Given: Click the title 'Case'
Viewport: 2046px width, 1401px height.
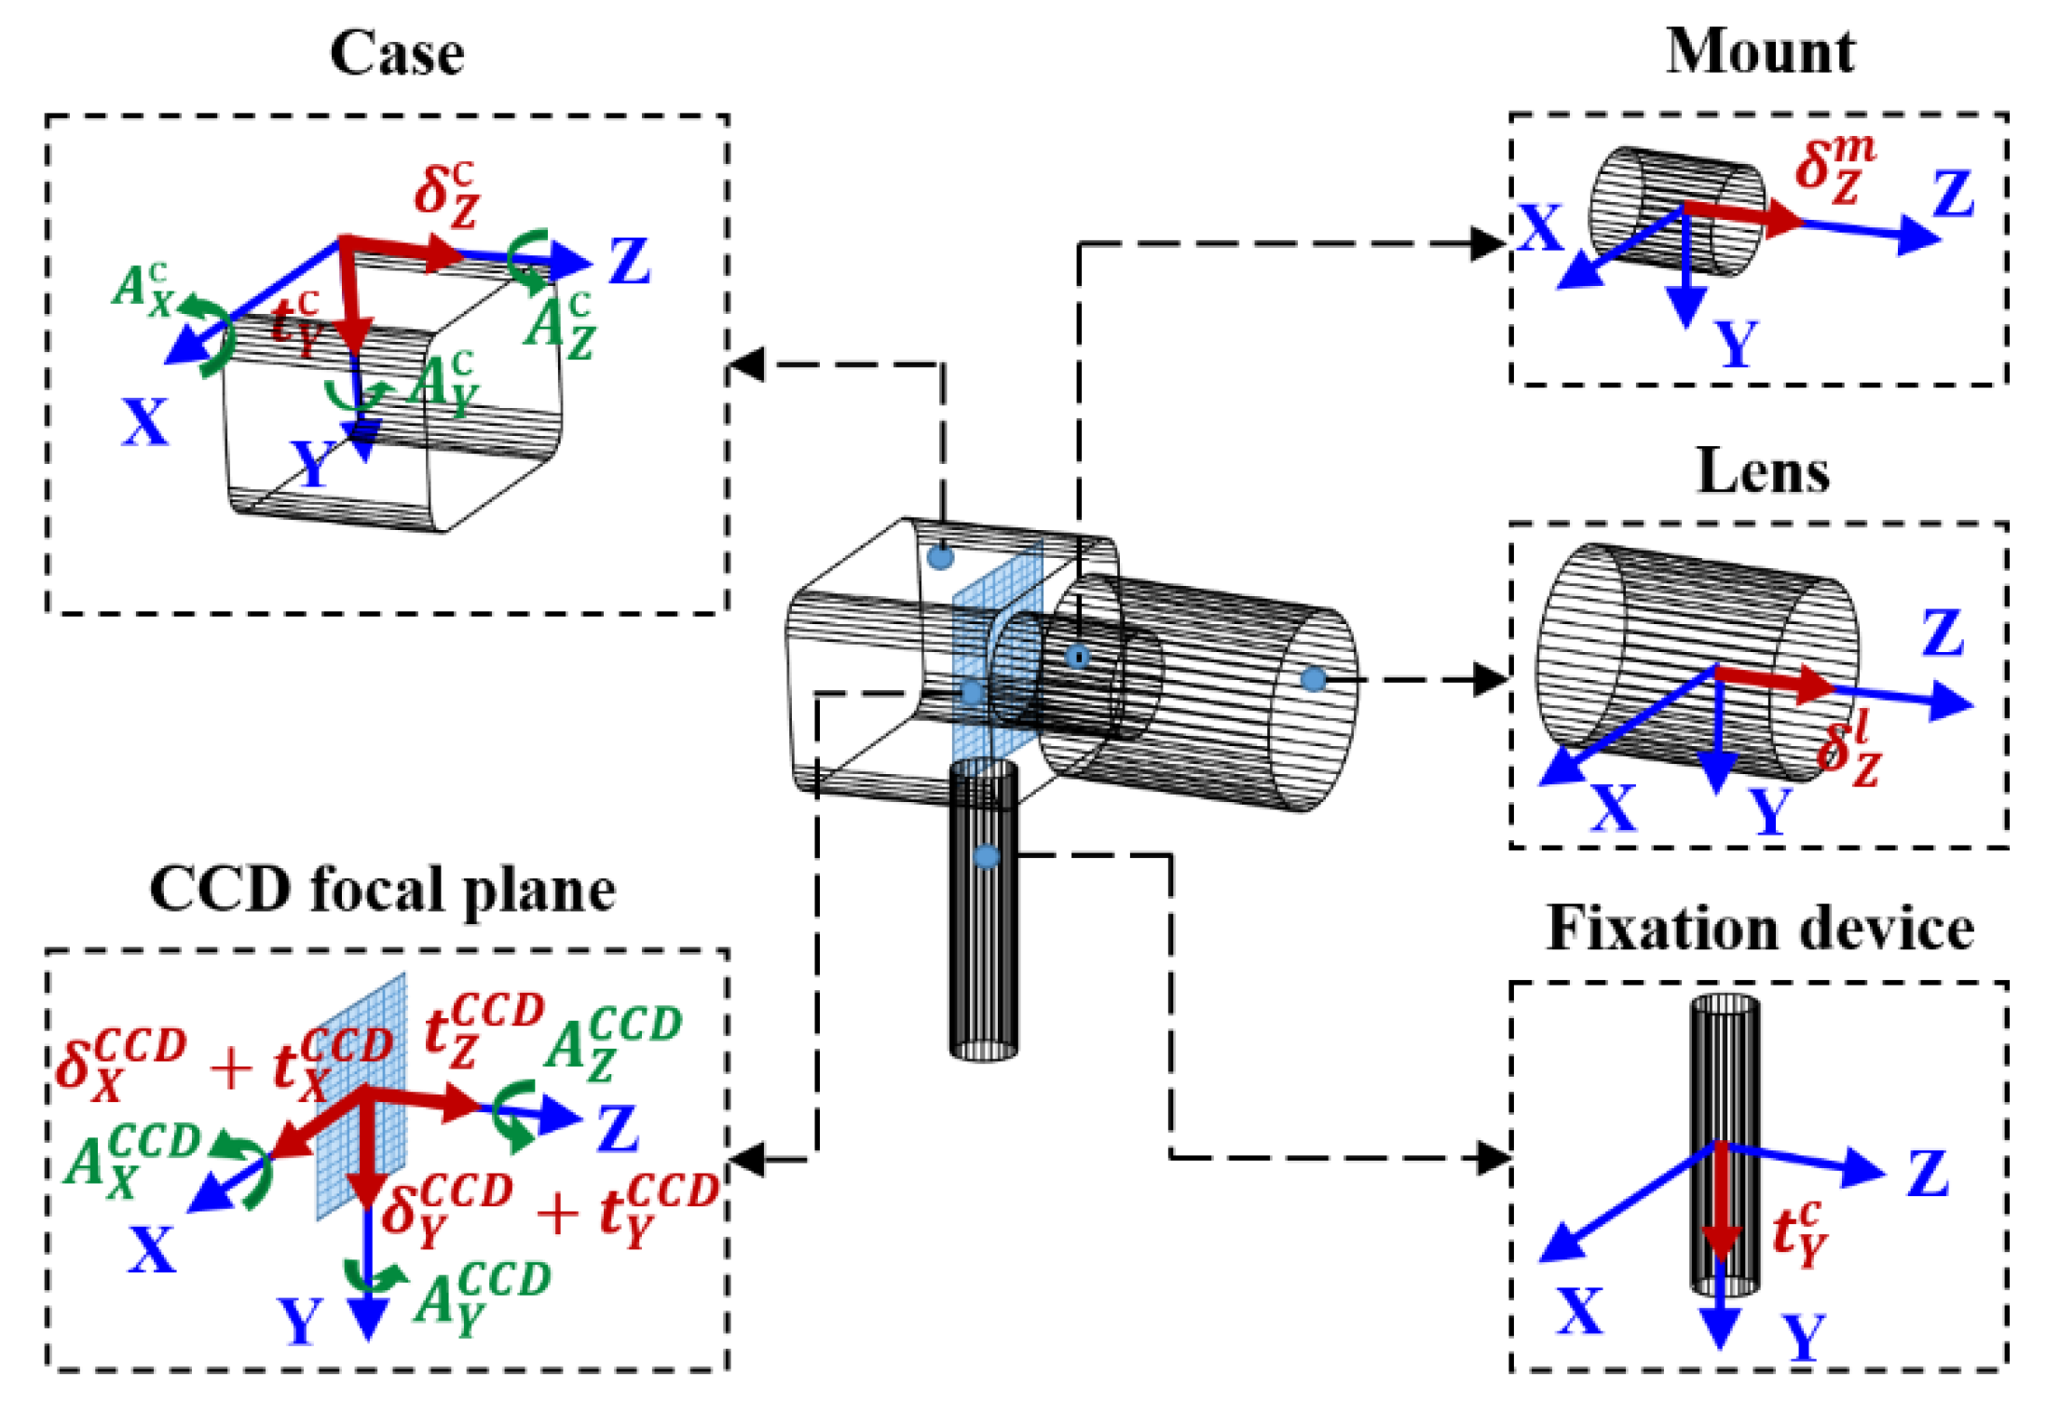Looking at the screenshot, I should (397, 54).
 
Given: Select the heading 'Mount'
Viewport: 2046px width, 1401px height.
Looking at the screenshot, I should (1760, 52).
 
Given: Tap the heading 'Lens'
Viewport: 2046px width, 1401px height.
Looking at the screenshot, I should (1762, 472).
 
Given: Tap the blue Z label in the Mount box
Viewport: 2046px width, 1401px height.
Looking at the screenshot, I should (1953, 194).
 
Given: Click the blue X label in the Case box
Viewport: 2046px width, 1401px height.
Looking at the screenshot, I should (145, 422).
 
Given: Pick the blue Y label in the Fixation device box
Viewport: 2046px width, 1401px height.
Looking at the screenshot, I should (1804, 1338).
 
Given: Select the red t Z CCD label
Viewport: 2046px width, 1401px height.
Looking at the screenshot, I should (483, 1029).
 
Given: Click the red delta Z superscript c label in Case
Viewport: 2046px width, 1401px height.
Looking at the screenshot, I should (446, 195).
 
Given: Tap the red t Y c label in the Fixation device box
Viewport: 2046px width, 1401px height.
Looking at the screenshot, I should (1799, 1233).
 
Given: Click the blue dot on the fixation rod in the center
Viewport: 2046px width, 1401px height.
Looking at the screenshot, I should (986, 856).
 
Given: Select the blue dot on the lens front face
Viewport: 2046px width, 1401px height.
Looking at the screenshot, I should (1313, 679).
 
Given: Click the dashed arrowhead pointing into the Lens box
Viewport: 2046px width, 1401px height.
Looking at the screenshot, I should (1491, 679).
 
